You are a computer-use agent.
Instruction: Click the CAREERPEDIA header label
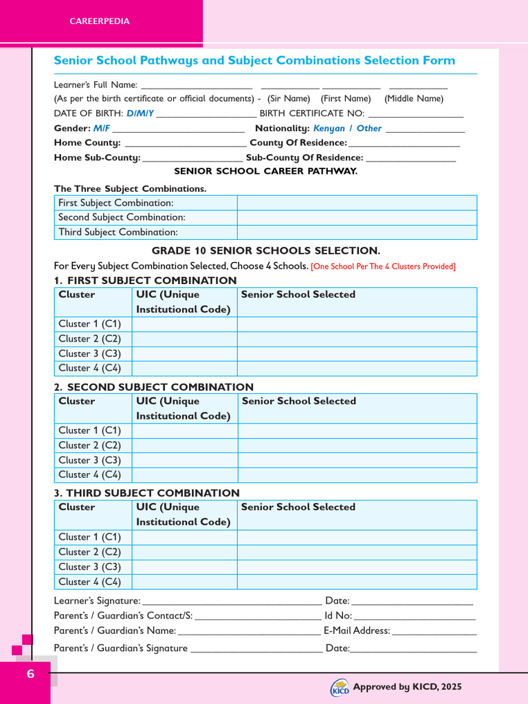coord(100,21)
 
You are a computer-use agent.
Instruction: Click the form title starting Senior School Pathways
coord(254,60)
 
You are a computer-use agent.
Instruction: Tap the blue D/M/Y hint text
coord(140,113)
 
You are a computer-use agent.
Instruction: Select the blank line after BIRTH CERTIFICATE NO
coord(416,115)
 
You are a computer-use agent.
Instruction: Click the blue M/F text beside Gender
coord(101,129)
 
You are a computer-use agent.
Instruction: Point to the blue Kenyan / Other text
coord(347,129)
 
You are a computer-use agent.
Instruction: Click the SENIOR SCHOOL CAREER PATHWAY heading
coord(265,171)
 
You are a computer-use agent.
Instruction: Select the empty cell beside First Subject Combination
coord(357,203)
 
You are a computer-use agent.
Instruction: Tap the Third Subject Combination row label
coord(118,232)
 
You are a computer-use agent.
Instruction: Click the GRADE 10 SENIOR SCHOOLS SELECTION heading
coord(265,251)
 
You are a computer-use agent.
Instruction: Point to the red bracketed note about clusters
coord(383,267)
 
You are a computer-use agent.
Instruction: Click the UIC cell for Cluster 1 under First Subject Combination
coord(184,324)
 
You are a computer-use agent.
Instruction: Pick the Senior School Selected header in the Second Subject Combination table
coord(299,401)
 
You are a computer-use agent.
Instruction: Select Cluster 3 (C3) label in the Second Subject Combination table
coord(89,460)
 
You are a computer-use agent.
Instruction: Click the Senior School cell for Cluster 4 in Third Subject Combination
coord(357,582)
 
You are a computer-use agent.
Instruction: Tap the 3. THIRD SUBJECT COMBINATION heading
coord(146,493)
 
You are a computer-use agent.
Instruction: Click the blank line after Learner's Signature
coord(232,602)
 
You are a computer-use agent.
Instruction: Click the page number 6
coord(30,674)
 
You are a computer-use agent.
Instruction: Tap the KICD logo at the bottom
coord(340,687)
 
